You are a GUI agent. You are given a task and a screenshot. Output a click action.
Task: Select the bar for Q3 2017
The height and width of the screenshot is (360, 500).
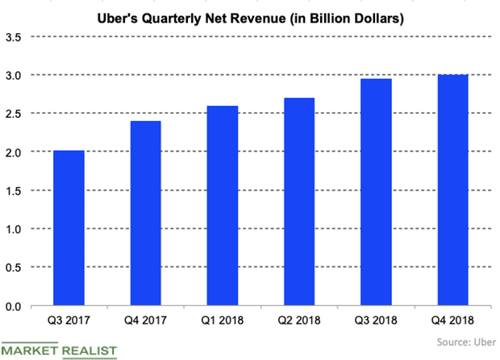click(69, 228)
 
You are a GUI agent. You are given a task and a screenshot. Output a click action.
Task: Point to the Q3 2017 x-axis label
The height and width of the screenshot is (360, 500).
click(69, 321)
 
